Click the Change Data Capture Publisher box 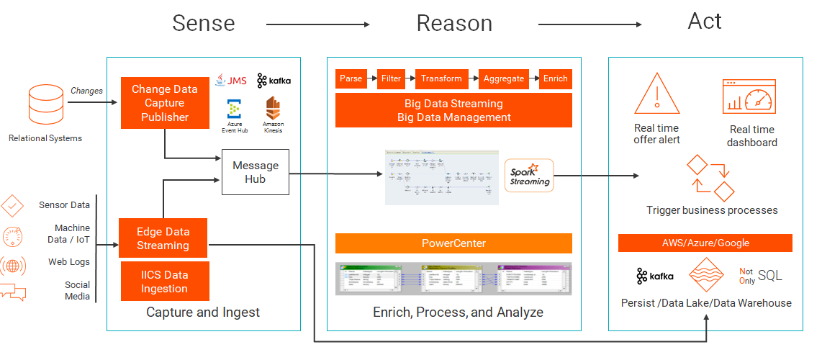164,103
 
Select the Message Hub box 255,172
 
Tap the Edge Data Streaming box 163,238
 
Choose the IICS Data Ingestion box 164,282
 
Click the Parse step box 351,78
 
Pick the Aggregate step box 503,78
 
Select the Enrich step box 555,78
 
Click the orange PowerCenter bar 453,243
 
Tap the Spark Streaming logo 529,175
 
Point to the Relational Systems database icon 46,104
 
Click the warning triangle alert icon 656,94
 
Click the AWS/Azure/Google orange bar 705,243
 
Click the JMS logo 230,80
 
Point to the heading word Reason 453,23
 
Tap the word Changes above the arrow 86,91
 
